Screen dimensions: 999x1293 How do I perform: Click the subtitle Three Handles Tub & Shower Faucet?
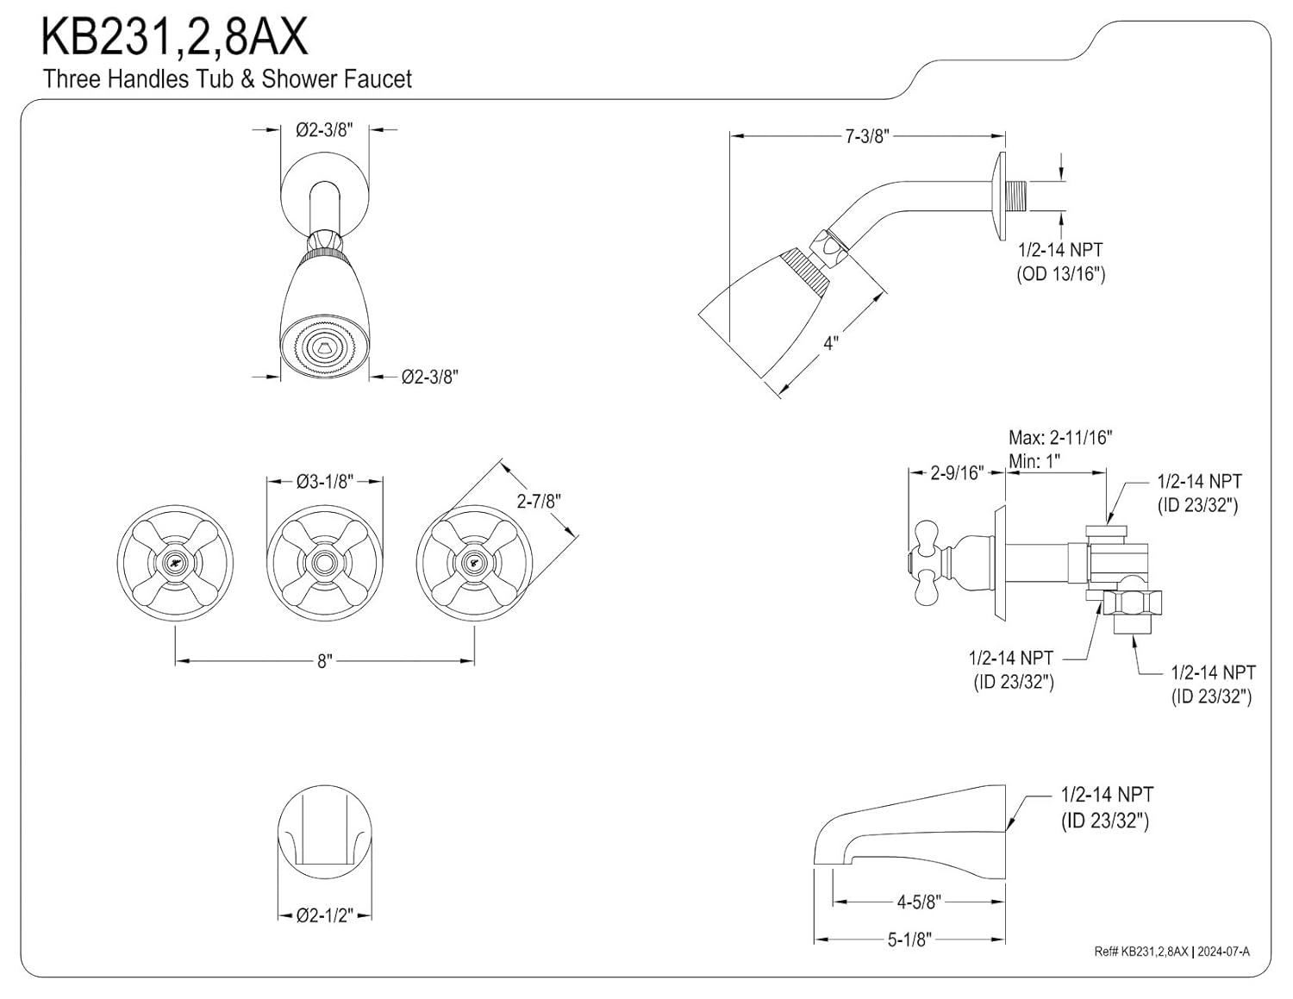click(228, 79)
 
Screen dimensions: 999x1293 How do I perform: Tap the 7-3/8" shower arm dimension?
click(866, 136)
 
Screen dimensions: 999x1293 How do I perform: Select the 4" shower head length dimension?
click(830, 343)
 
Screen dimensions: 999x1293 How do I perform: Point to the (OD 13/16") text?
click(1060, 274)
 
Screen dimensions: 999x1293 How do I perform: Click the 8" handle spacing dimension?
click(324, 661)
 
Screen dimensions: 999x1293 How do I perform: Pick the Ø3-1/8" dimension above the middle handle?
click(324, 482)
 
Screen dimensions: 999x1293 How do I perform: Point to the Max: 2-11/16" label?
click(1060, 438)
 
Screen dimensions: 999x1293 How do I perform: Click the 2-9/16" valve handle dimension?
click(957, 472)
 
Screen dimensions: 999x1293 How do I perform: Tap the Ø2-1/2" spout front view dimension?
click(324, 915)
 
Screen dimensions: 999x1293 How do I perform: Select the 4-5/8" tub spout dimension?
click(918, 902)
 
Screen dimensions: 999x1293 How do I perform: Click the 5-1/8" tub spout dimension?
click(910, 940)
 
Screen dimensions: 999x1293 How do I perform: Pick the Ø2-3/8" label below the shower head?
click(429, 377)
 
